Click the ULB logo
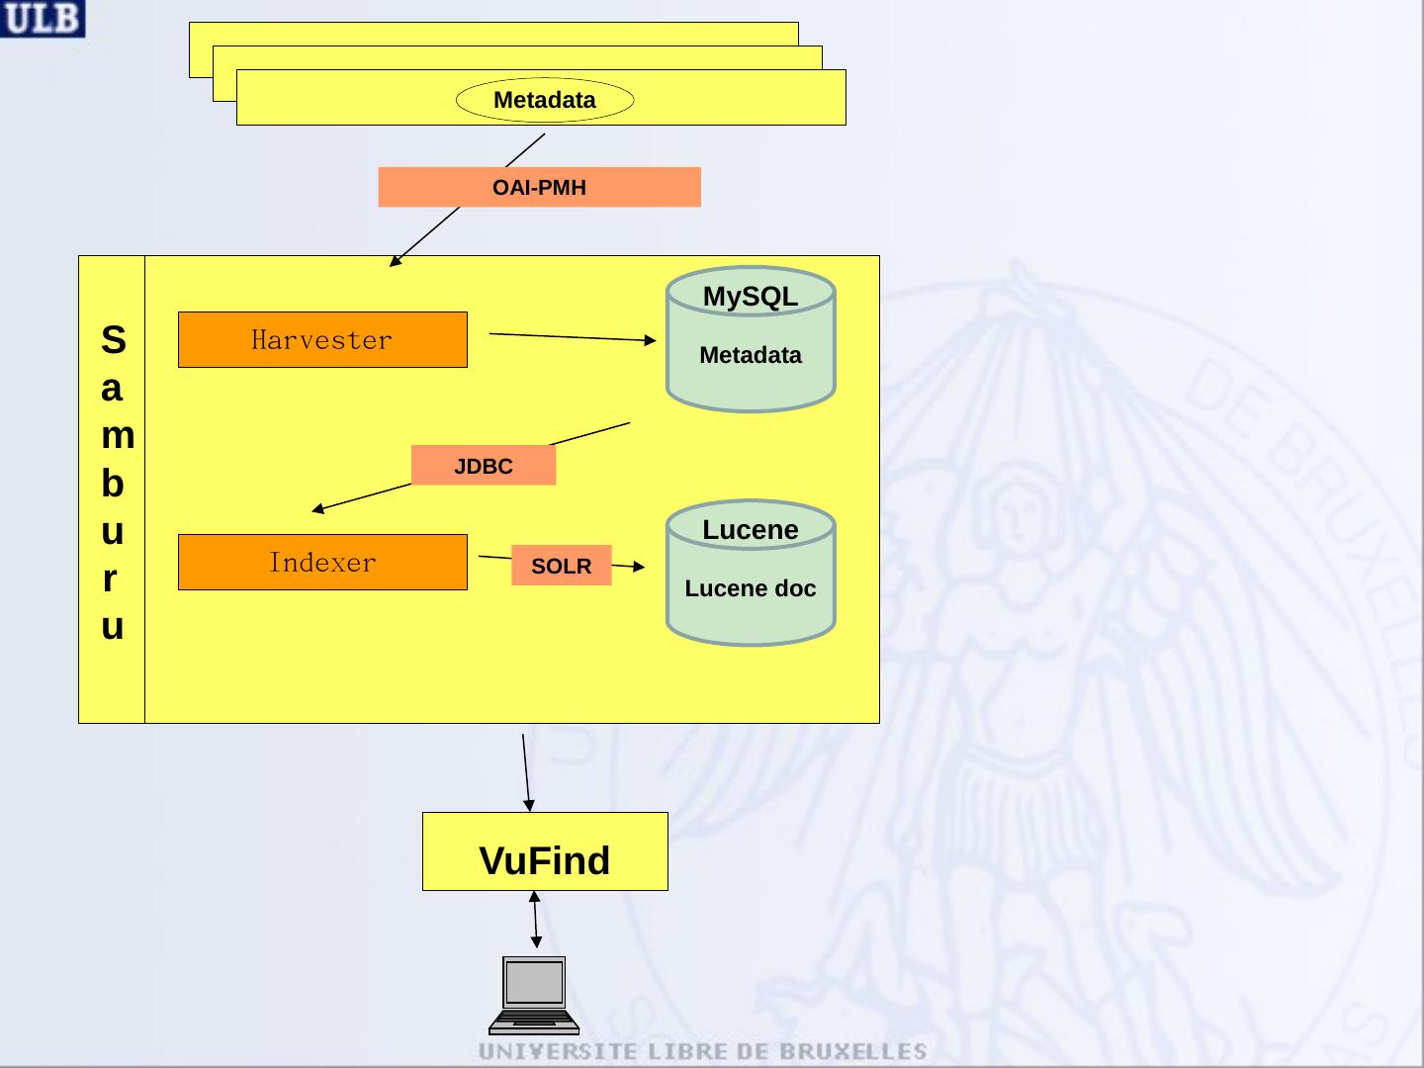tap(43, 18)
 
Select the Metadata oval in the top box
tap(545, 100)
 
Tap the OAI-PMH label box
tap(539, 188)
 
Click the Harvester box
tap(322, 340)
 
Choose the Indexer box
tap(322, 563)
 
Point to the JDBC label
tap(484, 465)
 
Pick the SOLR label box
tap(561, 566)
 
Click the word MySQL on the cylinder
tap(751, 297)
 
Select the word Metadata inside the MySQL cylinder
tap(751, 355)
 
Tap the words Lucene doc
tap(751, 588)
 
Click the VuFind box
tap(545, 851)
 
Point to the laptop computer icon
tap(534, 996)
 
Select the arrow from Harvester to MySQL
tap(573, 336)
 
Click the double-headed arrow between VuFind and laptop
tap(535, 920)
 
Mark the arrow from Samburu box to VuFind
tap(526, 773)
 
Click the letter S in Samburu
tap(114, 339)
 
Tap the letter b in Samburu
tap(112, 484)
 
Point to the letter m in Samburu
tap(118, 435)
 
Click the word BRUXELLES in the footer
tap(853, 1052)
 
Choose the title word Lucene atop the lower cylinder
tap(751, 530)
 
